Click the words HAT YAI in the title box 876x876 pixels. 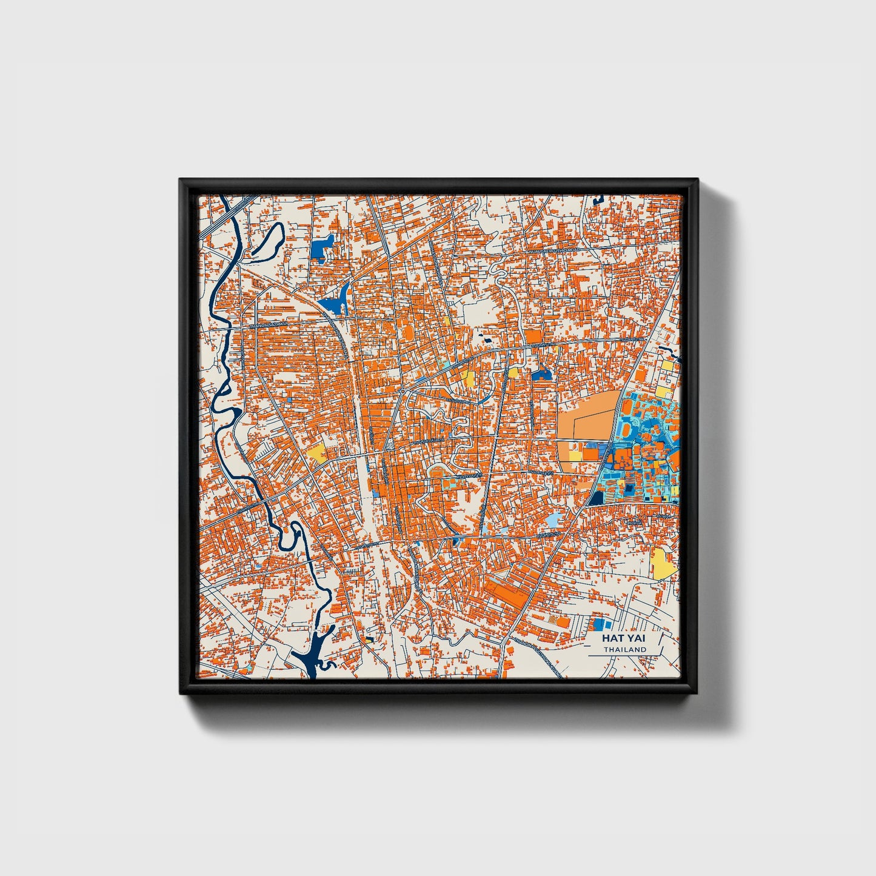coord(624,638)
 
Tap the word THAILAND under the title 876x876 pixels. coord(624,649)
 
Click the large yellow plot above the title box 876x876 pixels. coord(663,563)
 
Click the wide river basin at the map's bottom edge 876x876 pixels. coord(312,657)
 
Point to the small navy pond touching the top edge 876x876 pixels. coord(600,198)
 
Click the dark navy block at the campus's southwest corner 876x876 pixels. coord(596,498)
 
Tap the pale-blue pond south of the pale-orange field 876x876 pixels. coord(554,520)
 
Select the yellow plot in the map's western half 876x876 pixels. coord(316,452)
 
